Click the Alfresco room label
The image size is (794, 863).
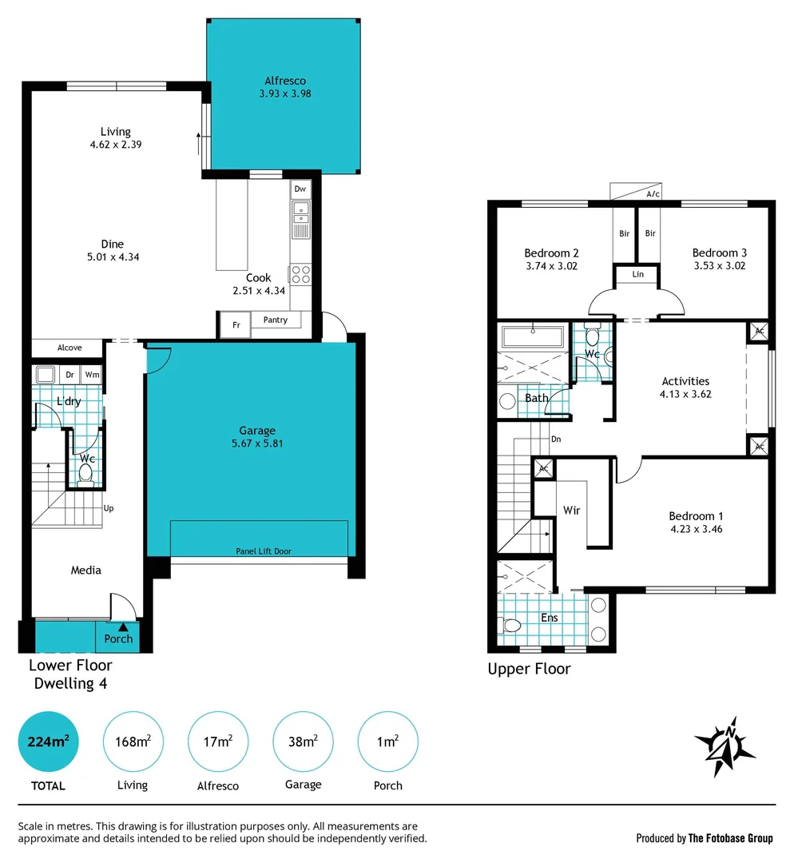pyautogui.click(x=285, y=81)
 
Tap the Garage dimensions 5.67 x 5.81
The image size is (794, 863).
pyautogui.click(x=257, y=443)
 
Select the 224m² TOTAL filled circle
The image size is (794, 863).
pyautogui.click(x=49, y=742)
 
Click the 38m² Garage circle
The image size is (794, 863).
pyautogui.click(x=303, y=742)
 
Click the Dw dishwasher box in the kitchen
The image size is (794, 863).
pyautogui.click(x=300, y=189)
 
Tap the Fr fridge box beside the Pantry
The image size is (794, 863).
pyautogui.click(x=236, y=325)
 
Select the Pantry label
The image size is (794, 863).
pyautogui.click(x=276, y=320)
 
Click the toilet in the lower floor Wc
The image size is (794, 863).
pyautogui.click(x=85, y=474)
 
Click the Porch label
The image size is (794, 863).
pyautogui.click(x=118, y=638)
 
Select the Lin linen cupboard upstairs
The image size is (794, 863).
pyautogui.click(x=637, y=274)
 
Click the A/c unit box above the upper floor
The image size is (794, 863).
pyautogui.click(x=641, y=192)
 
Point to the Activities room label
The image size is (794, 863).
pyautogui.click(x=685, y=381)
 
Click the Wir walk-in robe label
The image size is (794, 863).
pyautogui.click(x=571, y=510)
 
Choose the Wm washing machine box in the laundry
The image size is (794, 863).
pyautogui.click(x=92, y=374)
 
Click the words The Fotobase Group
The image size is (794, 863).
pyautogui.click(x=731, y=838)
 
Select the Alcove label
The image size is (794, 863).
pyautogui.click(x=69, y=348)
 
